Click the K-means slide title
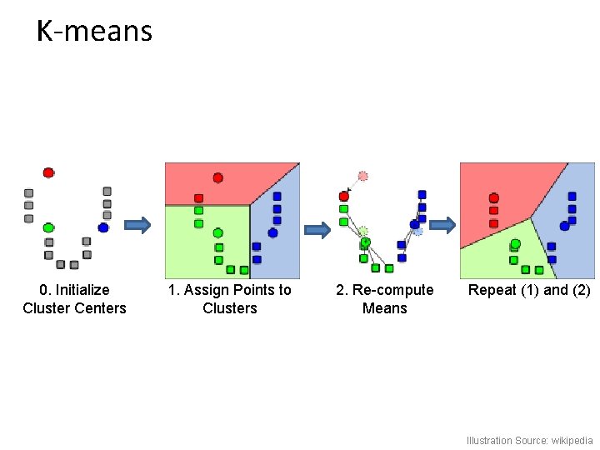coord(94,32)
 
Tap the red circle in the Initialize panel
coord(48,172)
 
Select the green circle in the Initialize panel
coord(48,227)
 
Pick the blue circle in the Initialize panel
coord(103,227)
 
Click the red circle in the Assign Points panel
coord(217,177)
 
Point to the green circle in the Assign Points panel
coord(217,233)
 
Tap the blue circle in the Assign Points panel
coord(272,232)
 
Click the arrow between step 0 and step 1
coord(138,224)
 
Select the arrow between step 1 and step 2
coord(317,230)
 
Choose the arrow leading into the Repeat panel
coord(443,224)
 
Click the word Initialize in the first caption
coord(82,290)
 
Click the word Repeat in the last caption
coord(492,290)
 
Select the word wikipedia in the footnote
coord(571,440)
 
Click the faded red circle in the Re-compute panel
coord(362,176)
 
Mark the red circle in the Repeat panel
coord(494,198)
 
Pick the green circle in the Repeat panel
coord(515,243)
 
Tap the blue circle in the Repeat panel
coord(564,225)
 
